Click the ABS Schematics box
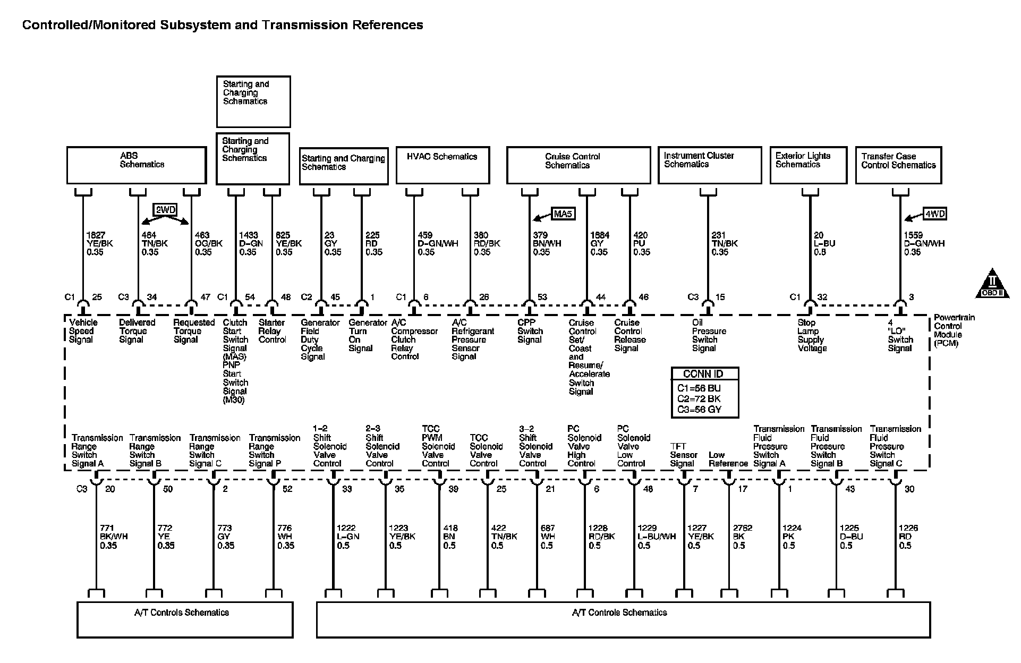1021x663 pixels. click(136, 165)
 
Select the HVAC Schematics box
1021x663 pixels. click(443, 165)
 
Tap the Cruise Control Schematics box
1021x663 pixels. click(578, 165)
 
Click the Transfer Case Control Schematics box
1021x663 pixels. click(898, 165)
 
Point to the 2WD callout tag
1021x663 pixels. click(165, 210)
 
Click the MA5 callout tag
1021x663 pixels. click(564, 214)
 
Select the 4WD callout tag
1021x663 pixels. click(935, 214)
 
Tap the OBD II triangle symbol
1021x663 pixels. click(992, 286)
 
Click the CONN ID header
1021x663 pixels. click(703, 373)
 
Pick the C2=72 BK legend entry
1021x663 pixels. click(699, 399)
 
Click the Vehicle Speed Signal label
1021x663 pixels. click(83, 331)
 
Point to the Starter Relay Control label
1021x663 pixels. click(272, 331)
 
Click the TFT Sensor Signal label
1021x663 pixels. click(683, 455)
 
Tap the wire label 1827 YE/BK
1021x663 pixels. click(99, 243)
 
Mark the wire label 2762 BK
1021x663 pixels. click(742, 537)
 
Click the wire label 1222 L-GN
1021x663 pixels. click(348, 537)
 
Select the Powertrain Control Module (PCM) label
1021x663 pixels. click(955, 330)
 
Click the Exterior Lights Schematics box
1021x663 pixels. click(808, 165)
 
